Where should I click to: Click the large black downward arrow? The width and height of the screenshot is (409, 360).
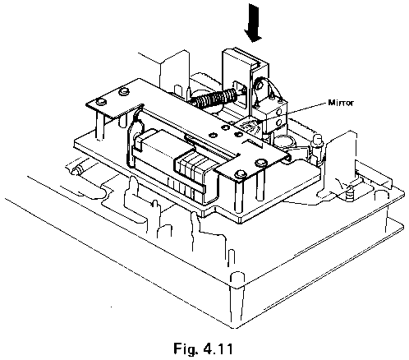click(x=254, y=23)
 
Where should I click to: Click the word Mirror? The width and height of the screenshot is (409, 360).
click(x=341, y=103)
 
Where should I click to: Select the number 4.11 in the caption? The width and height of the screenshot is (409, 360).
click(x=218, y=348)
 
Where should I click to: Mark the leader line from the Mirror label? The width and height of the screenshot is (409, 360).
click(x=292, y=112)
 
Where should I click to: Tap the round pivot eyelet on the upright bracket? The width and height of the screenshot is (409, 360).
click(x=259, y=85)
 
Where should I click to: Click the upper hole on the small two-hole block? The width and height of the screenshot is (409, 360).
click(x=279, y=112)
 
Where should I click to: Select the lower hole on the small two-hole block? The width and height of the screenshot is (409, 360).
click(x=279, y=122)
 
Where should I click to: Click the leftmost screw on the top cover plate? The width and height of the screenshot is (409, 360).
click(x=101, y=102)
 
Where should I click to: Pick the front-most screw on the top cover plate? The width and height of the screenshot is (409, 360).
click(x=239, y=174)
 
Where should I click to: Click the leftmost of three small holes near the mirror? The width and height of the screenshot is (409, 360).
click(x=212, y=135)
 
